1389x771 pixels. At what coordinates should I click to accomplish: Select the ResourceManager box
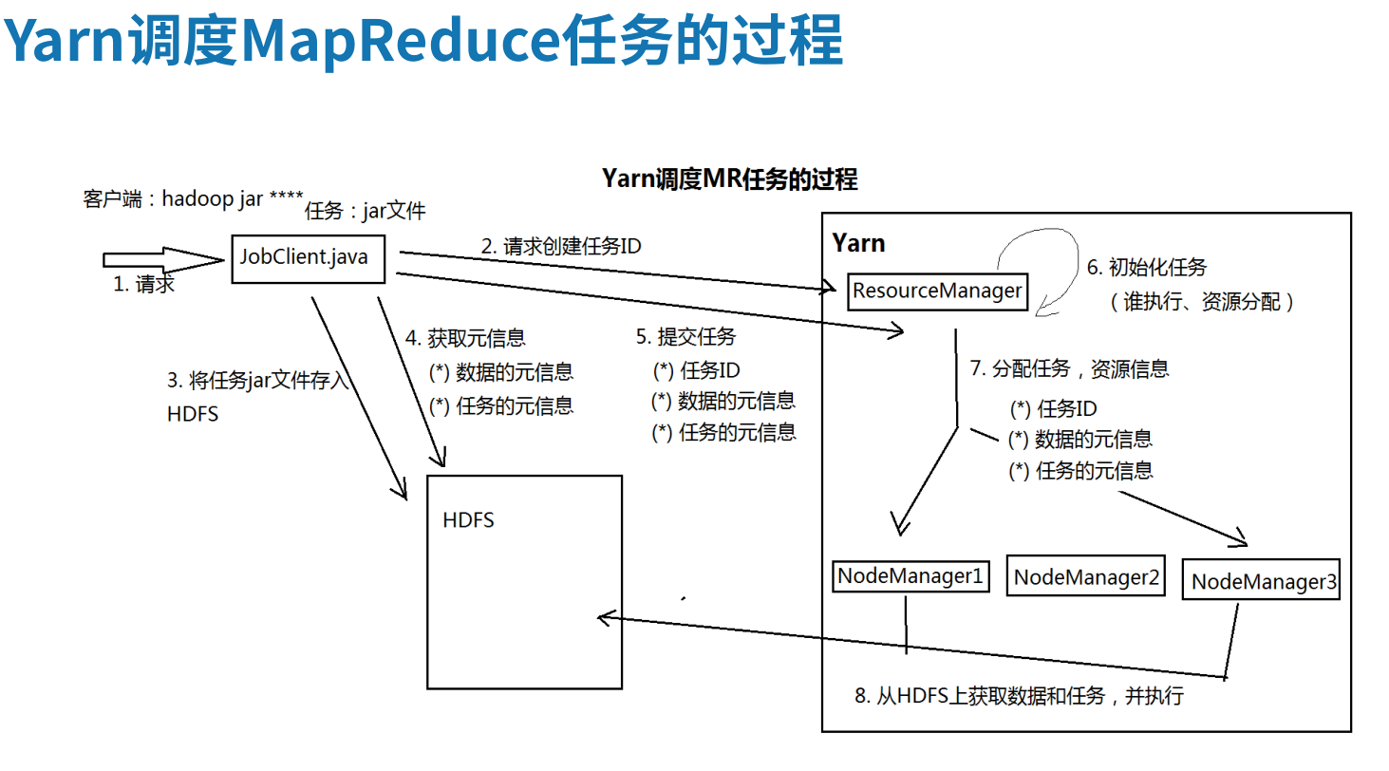click(x=937, y=291)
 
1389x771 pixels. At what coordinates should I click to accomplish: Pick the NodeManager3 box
click(x=1261, y=581)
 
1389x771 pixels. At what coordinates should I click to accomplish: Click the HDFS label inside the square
click(x=468, y=521)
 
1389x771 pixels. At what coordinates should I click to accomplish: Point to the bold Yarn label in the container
click(x=858, y=243)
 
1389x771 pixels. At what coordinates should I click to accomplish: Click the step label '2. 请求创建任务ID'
click(x=561, y=247)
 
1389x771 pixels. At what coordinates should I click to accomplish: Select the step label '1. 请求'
click(x=144, y=284)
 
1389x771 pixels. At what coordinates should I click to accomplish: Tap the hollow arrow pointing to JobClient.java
click(x=161, y=259)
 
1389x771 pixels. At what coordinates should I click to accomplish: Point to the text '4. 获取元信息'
click(x=465, y=338)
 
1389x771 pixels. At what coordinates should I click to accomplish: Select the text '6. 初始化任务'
click(x=1147, y=268)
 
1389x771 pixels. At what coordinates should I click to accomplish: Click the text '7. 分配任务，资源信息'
click(x=1069, y=369)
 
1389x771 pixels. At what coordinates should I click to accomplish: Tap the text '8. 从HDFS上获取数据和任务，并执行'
click(x=1019, y=696)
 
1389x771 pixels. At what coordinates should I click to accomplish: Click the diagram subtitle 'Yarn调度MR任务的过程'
click(x=730, y=179)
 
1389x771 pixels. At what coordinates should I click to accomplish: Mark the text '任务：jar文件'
click(x=366, y=212)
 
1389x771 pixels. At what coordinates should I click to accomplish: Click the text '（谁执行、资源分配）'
click(x=1201, y=303)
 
